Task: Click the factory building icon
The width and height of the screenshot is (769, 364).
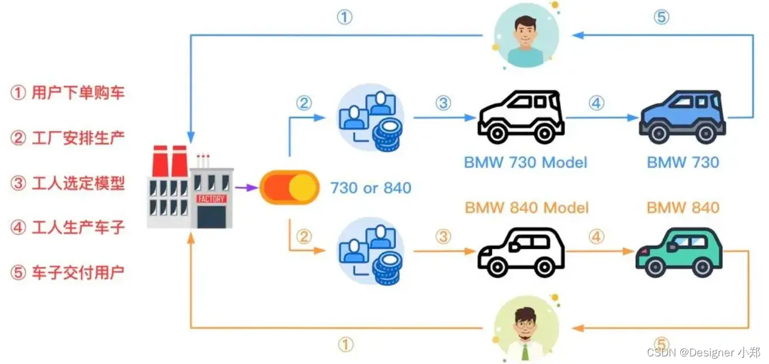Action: (190, 187)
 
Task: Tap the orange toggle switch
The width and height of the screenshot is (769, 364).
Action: (289, 187)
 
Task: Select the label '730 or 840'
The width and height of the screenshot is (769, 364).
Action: (371, 188)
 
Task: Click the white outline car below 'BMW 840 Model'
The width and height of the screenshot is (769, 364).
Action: (521, 252)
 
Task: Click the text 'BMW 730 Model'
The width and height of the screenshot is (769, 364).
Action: (526, 162)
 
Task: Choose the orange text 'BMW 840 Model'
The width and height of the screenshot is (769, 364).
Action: (526, 207)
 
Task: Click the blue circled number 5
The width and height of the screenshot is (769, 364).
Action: (661, 18)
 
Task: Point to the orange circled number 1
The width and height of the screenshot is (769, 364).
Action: (345, 345)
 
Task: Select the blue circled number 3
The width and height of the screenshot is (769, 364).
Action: (443, 103)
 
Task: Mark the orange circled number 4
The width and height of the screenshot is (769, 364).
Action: (595, 237)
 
